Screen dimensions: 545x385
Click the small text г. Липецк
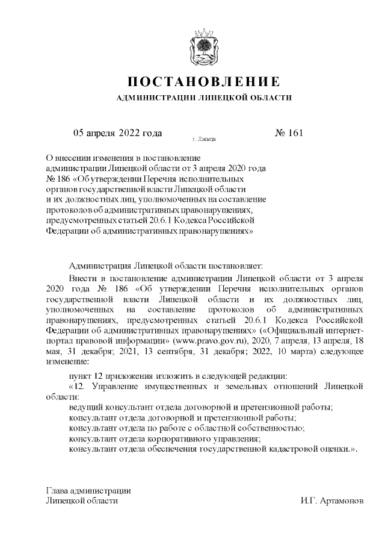point(204,139)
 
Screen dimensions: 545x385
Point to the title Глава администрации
point(88,490)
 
